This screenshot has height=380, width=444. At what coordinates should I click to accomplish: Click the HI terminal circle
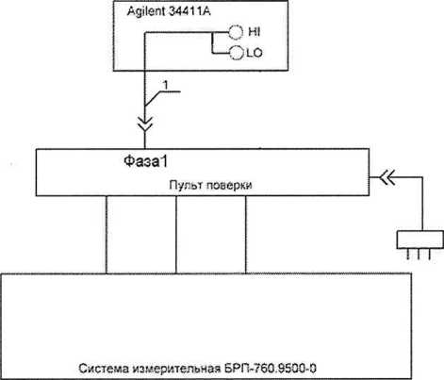pyautogui.click(x=236, y=32)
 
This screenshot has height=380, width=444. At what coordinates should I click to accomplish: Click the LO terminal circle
pyautogui.click(x=237, y=53)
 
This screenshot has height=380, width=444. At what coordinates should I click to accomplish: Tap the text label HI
pyautogui.click(x=254, y=32)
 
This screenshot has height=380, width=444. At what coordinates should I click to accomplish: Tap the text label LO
pyautogui.click(x=255, y=53)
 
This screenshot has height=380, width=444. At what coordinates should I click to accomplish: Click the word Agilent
pyautogui.click(x=146, y=11)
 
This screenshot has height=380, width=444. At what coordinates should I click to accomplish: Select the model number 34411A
pyautogui.click(x=189, y=11)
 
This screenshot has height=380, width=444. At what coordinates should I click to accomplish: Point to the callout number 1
pyautogui.click(x=166, y=85)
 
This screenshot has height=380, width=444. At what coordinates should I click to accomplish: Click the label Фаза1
pyautogui.click(x=145, y=161)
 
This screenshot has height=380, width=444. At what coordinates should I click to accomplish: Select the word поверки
pyautogui.click(x=229, y=185)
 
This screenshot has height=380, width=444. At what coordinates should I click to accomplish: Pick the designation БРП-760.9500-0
pyautogui.click(x=271, y=368)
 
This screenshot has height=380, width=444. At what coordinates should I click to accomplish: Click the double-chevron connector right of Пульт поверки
pyautogui.click(x=386, y=177)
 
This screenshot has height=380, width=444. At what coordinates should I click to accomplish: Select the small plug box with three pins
pyautogui.click(x=420, y=240)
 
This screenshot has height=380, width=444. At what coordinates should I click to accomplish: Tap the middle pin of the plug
pyautogui.click(x=419, y=255)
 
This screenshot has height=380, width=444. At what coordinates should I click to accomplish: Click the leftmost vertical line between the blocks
pyautogui.click(x=107, y=235)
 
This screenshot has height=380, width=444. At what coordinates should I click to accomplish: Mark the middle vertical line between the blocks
pyautogui.click(x=176, y=235)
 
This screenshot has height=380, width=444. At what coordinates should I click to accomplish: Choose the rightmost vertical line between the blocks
pyautogui.click(x=246, y=235)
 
